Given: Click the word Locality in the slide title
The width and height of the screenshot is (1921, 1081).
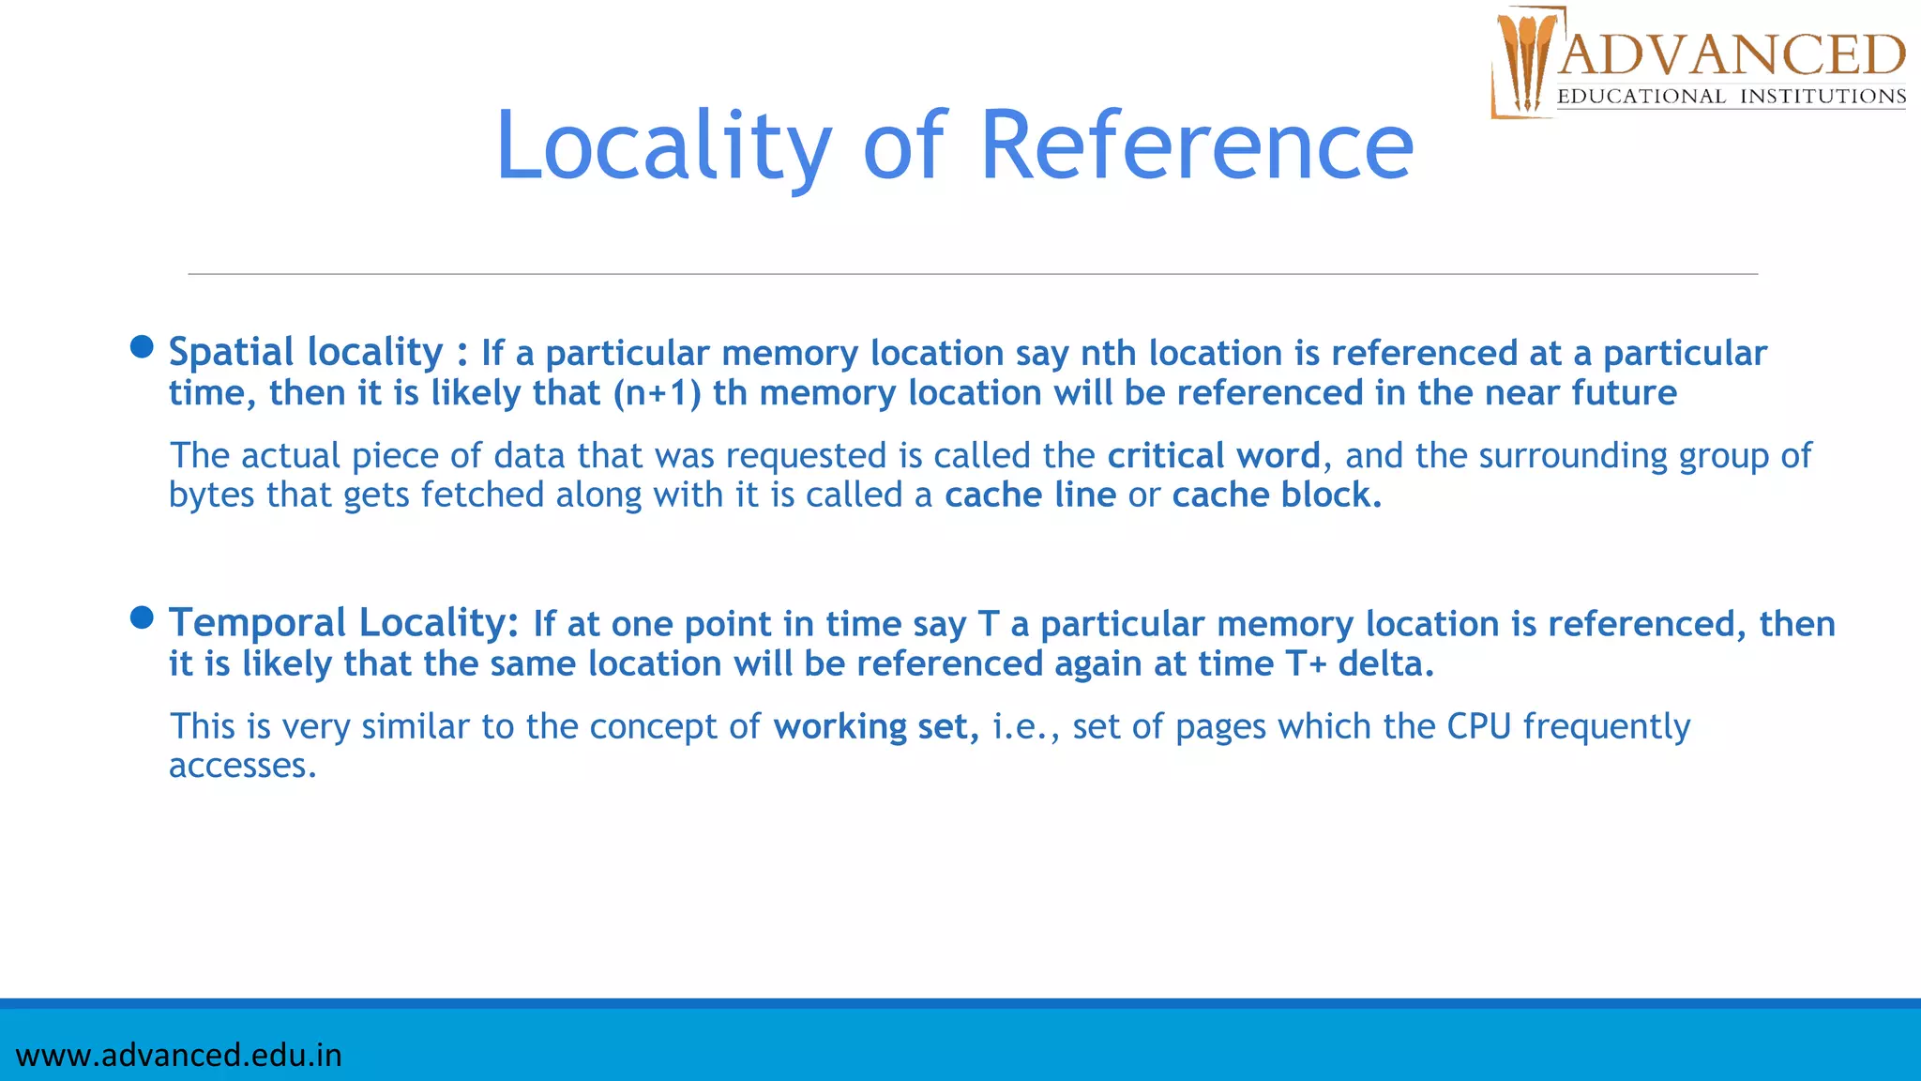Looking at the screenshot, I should pos(662,146).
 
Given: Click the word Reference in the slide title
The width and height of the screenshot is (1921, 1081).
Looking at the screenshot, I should pos(1196,146).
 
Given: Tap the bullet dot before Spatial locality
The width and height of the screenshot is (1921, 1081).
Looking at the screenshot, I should pos(142,347).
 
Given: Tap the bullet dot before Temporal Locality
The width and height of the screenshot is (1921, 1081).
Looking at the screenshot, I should pos(142,617).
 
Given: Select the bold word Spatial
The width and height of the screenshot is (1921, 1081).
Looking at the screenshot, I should pos(232,353).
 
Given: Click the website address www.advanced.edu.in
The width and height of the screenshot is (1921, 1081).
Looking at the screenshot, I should pos(178,1056).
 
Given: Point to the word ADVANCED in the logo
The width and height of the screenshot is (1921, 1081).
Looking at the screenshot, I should pos(1732,55).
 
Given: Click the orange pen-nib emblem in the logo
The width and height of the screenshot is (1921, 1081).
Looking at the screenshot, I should pos(1523,62).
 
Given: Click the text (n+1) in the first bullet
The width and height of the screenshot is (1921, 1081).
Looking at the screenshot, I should pos(657,393).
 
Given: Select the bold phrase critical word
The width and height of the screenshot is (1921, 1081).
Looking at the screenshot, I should pos(1214,456).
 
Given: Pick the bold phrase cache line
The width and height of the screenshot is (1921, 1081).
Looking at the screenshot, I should pos(1030,495).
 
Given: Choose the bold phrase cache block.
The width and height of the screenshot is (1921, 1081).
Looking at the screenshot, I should pos(1277,495).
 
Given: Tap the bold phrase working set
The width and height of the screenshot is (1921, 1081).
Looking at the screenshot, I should pos(875,727).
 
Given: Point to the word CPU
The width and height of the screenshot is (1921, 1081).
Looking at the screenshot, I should pos(1478,727).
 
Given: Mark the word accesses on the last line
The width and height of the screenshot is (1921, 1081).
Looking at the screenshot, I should pos(242,767).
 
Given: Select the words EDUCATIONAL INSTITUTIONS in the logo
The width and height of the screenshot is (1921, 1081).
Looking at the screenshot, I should pos(1732,97).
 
